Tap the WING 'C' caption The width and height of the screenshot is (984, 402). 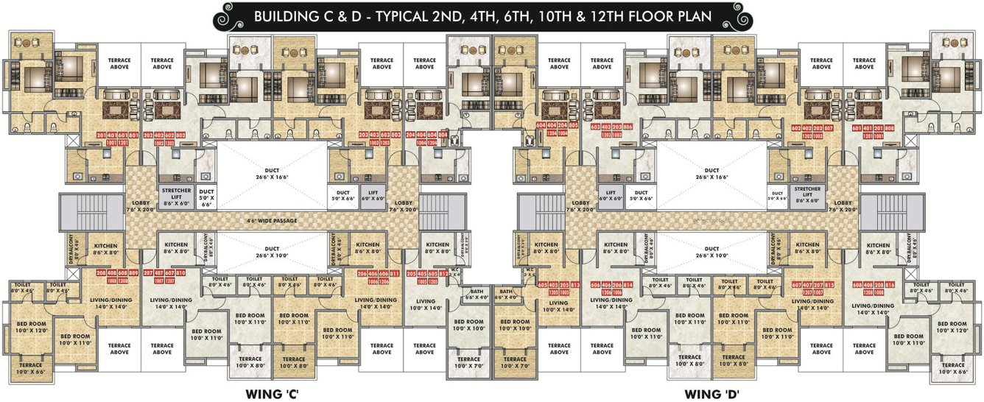(x=271, y=394)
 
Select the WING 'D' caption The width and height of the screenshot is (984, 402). (x=711, y=394)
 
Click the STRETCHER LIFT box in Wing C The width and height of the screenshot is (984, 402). (x=177, y=193)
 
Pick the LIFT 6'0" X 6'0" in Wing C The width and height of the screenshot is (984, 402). (x=373, y=194)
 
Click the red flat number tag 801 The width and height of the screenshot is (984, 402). (x=133, y=136)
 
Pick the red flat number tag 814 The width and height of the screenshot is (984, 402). (x=628, y=285)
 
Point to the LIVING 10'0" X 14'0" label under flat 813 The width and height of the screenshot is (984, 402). (x=558, y=306)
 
